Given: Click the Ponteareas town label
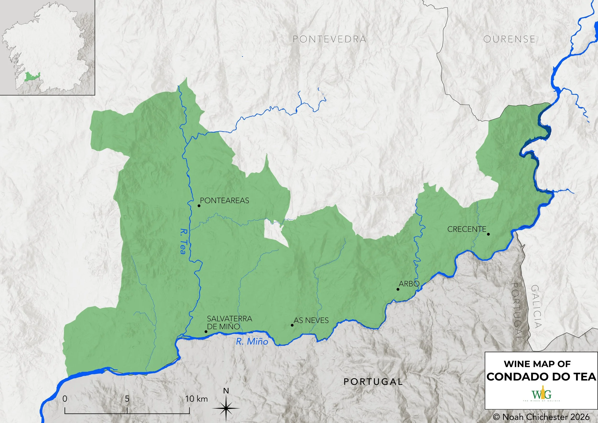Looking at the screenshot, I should click(225, 200).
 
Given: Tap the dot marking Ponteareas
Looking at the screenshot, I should click(199, 206).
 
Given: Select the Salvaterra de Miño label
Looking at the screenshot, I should click(229, 323).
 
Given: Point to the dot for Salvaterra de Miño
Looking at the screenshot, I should click(206, 332).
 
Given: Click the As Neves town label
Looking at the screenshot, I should click(311, 320).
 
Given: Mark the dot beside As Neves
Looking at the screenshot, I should click(292, 325).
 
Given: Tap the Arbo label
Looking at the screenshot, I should click(409, 284).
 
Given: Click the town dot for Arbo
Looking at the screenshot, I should click(398, 289).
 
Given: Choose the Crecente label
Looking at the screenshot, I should click(467, 229).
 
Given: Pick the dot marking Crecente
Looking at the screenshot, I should click(488, 234).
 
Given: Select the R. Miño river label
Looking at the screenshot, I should click(252, 341).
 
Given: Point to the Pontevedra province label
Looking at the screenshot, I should click(329, 39).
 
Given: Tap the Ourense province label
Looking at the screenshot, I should click(509, 39).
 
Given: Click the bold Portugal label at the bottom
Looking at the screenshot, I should click(373, 382).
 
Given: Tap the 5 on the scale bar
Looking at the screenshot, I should click(127, 399).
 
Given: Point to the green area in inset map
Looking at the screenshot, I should click(32, 77).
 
